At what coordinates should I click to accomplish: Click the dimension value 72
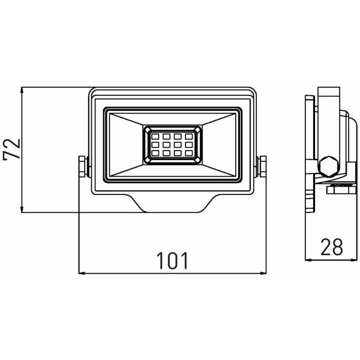11,149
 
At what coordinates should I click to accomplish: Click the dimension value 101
172,260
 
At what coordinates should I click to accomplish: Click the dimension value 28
332,247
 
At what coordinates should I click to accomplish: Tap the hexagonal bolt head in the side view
329,166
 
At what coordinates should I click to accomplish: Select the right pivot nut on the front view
262,166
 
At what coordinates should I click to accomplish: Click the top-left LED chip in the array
155,137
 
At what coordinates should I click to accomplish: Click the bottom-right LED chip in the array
189,153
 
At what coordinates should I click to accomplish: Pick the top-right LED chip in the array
189,137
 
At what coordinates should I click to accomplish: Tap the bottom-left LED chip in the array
155,153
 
